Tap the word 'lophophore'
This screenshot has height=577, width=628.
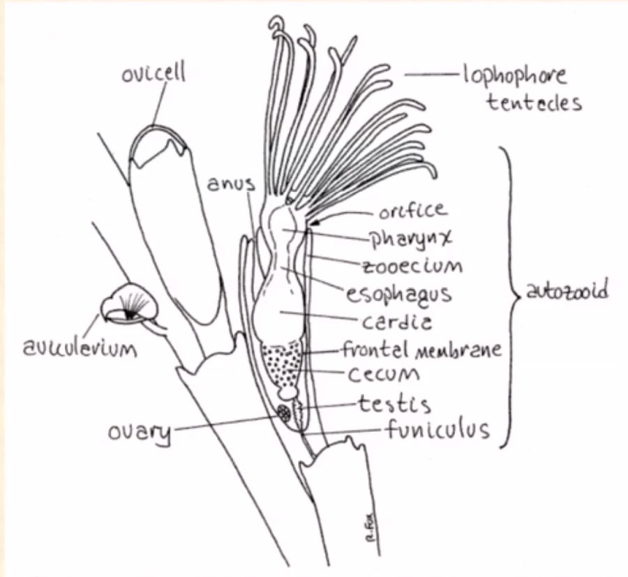tap(515, 75)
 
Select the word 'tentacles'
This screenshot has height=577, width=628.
tap(534, 103)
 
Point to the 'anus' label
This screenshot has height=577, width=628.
tap(231, 183)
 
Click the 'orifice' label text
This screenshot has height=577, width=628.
tap(412, 210)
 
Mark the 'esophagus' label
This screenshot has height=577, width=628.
tap(399, 293)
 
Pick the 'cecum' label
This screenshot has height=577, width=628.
tap(383, 375)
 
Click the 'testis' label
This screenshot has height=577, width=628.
tap(394, 403)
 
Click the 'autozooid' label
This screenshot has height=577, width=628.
tap(565, 291)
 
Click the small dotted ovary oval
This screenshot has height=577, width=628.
tap(284, 412)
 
